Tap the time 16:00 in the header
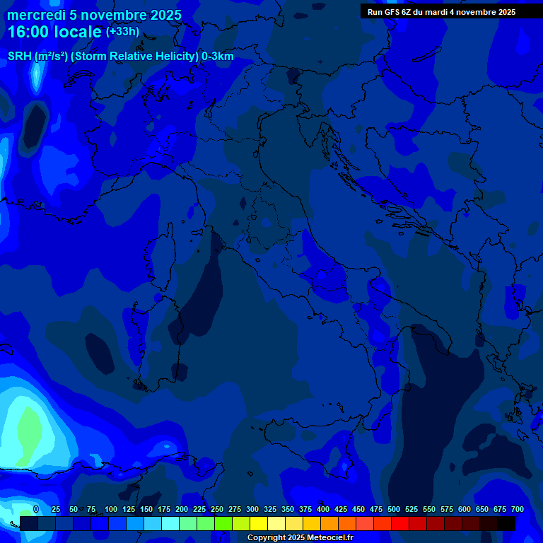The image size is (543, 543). click(29, 32)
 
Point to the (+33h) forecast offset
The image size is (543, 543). click(122, 32)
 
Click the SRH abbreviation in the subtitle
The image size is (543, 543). click(20, 57)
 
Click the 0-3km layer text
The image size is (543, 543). click(218, 57)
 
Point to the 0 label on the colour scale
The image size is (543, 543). click(36, 510)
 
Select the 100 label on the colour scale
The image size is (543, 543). click(111, 510)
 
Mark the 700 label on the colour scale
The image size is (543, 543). click(518, 510)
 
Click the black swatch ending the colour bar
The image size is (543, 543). click(506, 523)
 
